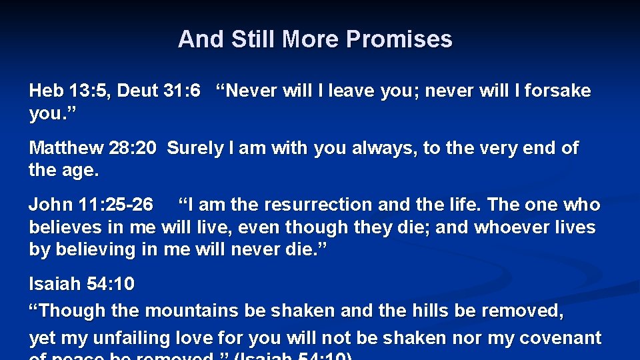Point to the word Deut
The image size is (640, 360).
(137, 91)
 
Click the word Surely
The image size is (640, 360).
(195, 148)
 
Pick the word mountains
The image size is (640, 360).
(191, 311)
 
